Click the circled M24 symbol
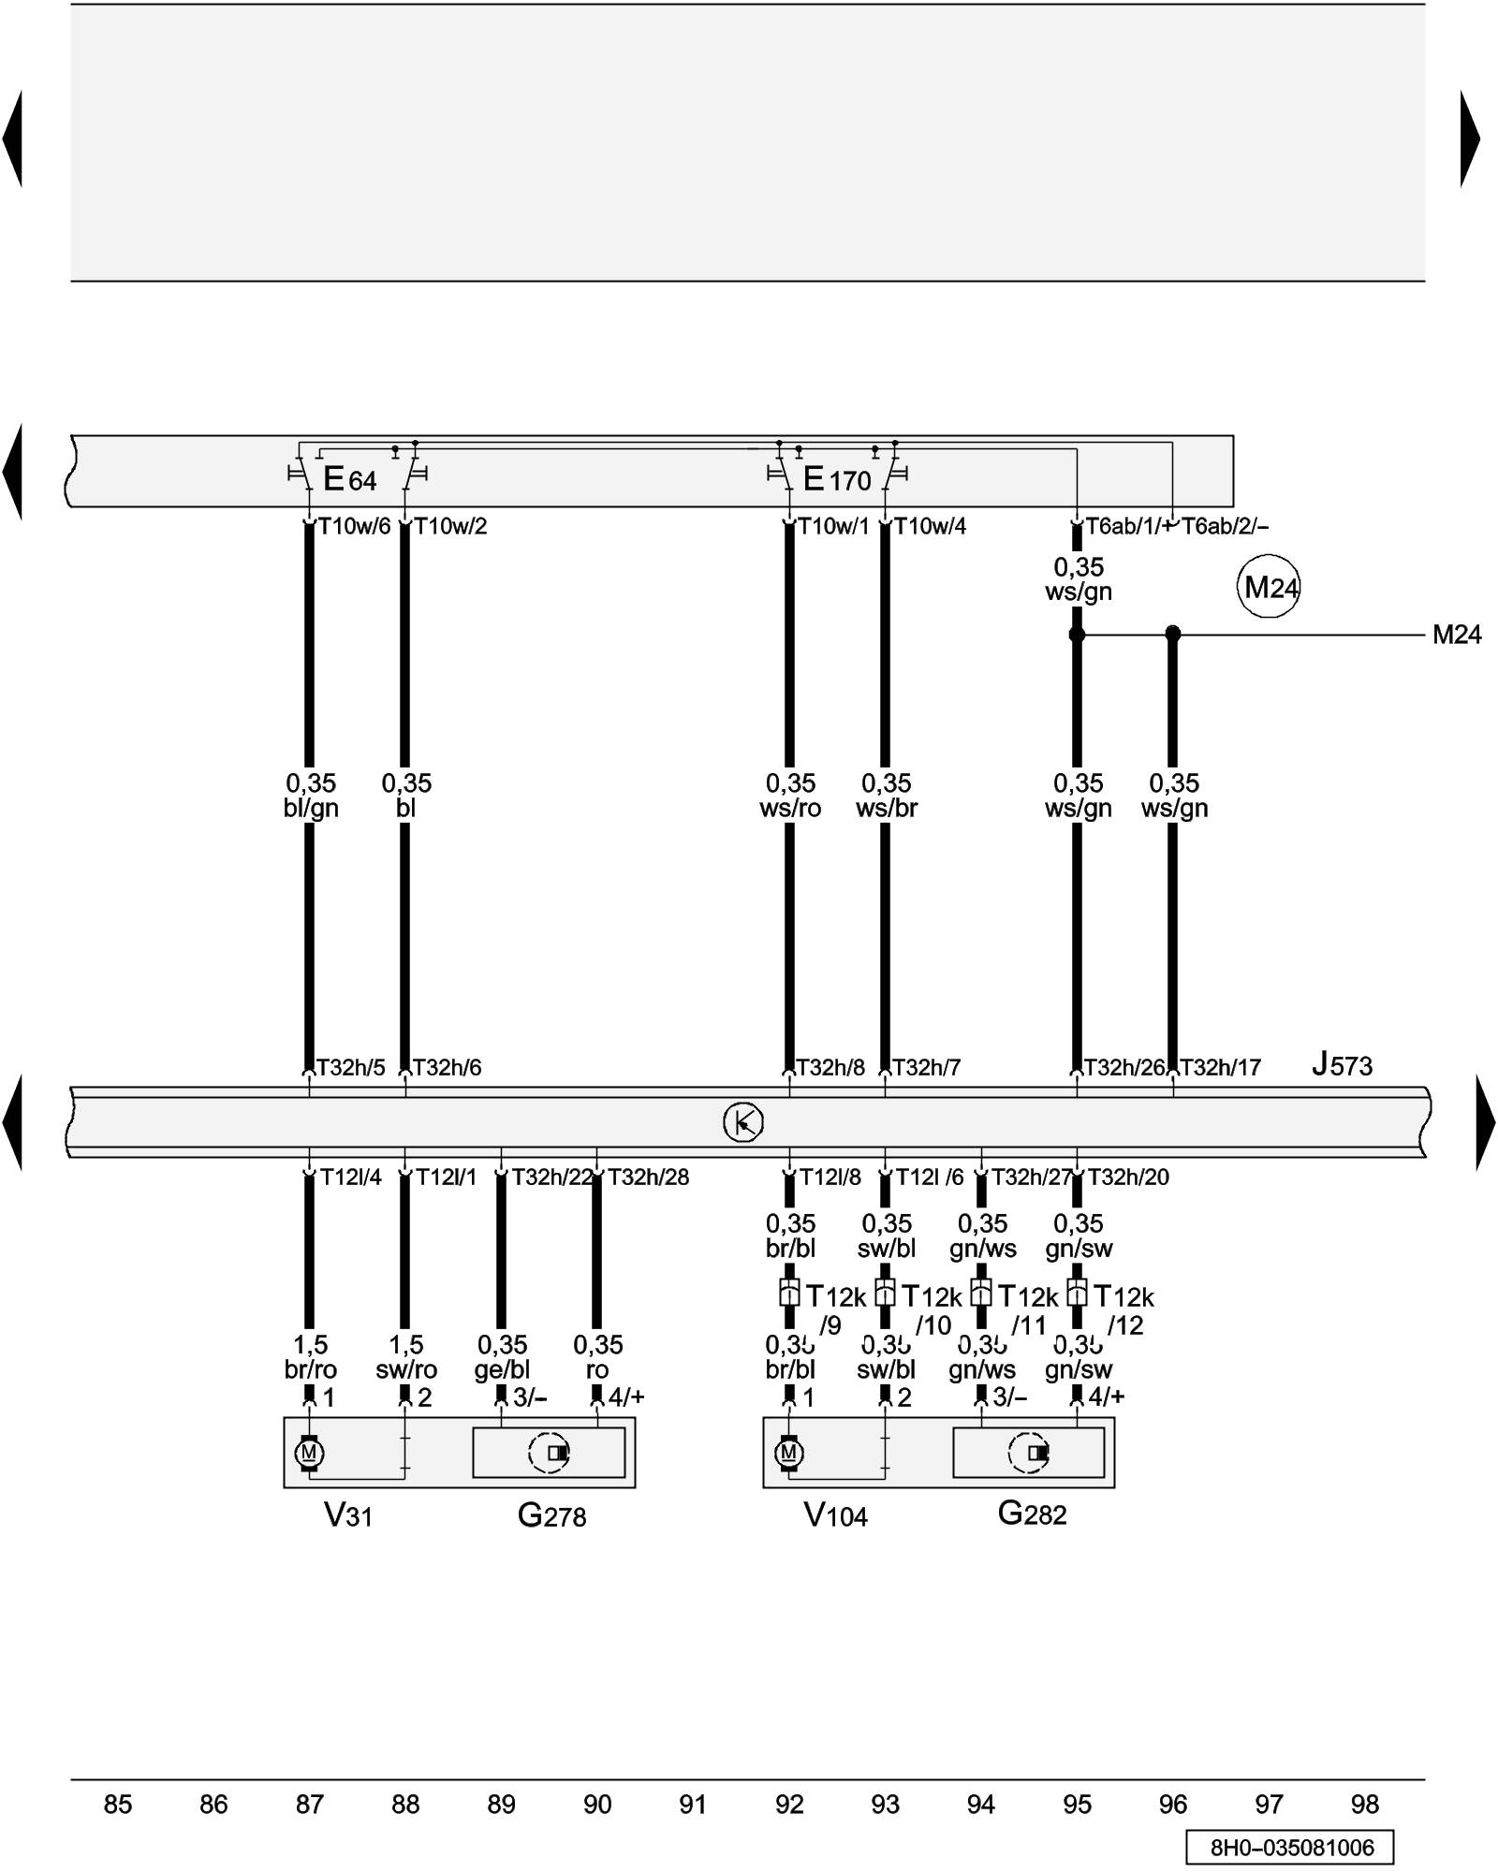point(1269,588)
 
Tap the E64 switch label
point(349,479)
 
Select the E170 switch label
point(837,479)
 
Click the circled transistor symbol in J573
point(743,1122)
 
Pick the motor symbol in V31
point(309,1453)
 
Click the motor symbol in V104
point(788,1453)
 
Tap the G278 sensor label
point(551,1515)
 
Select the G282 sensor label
point(1032,1514)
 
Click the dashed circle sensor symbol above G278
point(549,1453)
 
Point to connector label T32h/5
point(350,1067)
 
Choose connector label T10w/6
point(354,526)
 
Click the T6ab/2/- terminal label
point(1225,526)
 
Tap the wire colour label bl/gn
point(311,808)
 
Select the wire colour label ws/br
point(886,808)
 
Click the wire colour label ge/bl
point(502,1369)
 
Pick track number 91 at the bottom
point(693,1805)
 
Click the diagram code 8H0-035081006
point(1291,1848)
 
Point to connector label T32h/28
point(648,1177)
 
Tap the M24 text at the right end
point(1457,635)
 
